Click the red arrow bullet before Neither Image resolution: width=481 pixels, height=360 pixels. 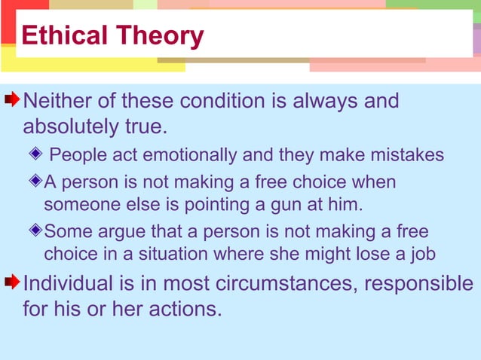(x=12, y=100)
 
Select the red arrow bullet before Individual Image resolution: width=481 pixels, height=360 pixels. (x=12, y=283)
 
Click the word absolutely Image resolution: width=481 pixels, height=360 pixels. (x=71, y=126)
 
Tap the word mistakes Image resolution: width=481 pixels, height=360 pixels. (x=408, y=155)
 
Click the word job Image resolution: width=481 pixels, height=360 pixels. (x=420, y=254)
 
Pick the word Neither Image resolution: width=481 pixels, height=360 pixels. (x=61, y=100)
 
